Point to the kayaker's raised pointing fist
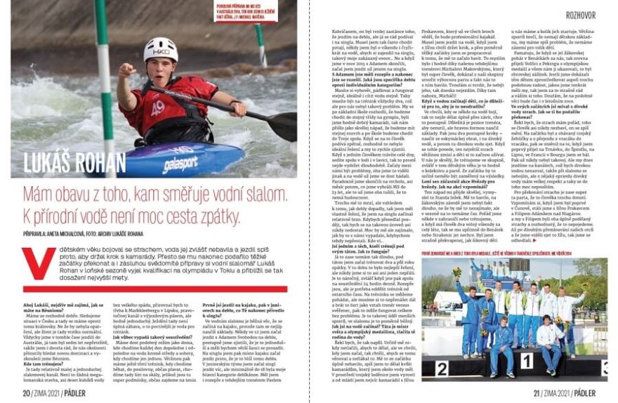click(x=126, y=72)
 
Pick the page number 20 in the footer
click(x=26, y=394)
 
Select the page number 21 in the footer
click(x=536, y=394)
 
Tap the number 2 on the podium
click(x=442, y=369)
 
